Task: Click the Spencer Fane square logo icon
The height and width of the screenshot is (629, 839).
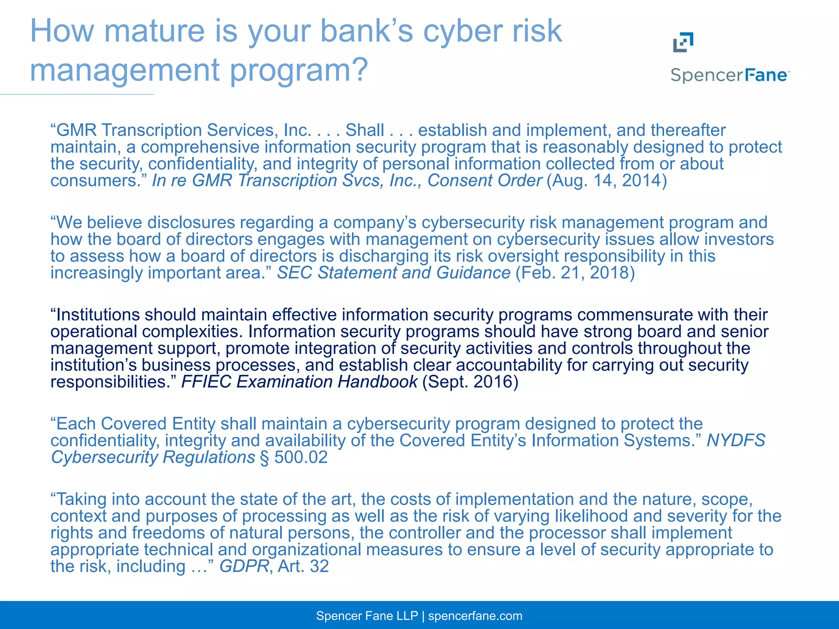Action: [683, 42]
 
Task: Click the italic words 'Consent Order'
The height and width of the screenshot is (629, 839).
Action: [485, 181]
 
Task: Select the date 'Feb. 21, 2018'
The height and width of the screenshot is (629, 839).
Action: [575, 273]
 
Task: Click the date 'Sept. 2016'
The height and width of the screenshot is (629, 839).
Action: [470, 382]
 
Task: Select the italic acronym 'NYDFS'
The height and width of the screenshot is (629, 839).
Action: [736, 441]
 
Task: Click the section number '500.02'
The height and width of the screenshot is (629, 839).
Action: [301, 457]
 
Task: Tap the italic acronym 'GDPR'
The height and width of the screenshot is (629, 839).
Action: [244, 566]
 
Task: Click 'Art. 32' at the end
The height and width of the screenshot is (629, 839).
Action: [303, 566]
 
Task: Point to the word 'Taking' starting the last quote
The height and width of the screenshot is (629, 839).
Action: [81, 499]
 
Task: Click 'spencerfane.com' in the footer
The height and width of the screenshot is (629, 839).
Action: [475, 616]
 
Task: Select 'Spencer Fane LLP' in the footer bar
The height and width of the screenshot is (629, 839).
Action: [367, 616]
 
